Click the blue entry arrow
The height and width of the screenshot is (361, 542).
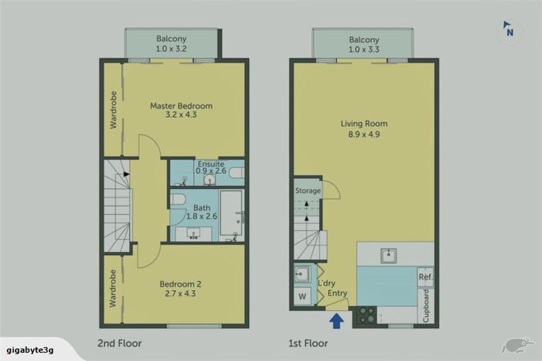point(337,320)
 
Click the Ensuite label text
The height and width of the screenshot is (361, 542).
point(210,164)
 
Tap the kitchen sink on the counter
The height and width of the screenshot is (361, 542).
point(389,255)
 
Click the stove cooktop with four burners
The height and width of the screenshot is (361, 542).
point(365,315)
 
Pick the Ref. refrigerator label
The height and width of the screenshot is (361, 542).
point(425,277)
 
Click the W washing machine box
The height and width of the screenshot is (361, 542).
point(302,297)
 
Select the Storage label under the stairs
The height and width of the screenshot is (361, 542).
point(308,190)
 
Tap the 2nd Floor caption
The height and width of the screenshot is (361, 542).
point(119,343)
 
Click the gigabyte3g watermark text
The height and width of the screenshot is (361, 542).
point(30,348)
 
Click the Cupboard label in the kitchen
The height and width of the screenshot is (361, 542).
point(426,305)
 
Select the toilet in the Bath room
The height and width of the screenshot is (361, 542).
point(177,199)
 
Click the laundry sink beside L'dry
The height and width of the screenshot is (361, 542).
point(302,274)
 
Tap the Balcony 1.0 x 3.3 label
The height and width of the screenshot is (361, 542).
point(363,44)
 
